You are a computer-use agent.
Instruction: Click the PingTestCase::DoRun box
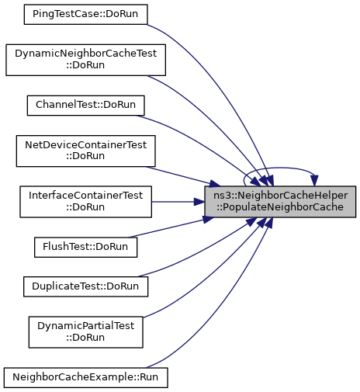(x=85, y=15)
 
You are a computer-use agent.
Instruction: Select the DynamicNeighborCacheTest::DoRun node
(x=85, y=60)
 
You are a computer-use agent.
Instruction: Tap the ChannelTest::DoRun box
(x=85, y=106)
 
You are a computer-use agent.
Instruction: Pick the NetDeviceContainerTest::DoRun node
(x=85, y=151)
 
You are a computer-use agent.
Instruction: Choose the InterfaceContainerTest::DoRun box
(x=85, y=202)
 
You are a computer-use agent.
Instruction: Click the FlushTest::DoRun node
(x=85, y=248)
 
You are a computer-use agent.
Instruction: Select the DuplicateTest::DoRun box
(x=85, y=286)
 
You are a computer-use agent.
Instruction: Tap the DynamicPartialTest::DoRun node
(x=85, y=332)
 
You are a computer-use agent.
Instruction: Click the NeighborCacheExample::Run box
(x=85, y=378)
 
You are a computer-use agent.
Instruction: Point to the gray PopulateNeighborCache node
(x=280, y=202)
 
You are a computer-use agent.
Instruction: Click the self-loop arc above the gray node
(x=279, y=168)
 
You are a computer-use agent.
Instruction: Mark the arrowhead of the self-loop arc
(x=314, y=181)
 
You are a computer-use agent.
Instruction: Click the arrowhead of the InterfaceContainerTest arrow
(x=199, y=202)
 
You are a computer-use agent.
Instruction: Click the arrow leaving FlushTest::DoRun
(x=171, y=227)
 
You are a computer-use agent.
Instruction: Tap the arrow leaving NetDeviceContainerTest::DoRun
(x=183, y=177)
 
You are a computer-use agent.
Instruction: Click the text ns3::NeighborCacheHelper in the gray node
(x=280, y=196)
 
